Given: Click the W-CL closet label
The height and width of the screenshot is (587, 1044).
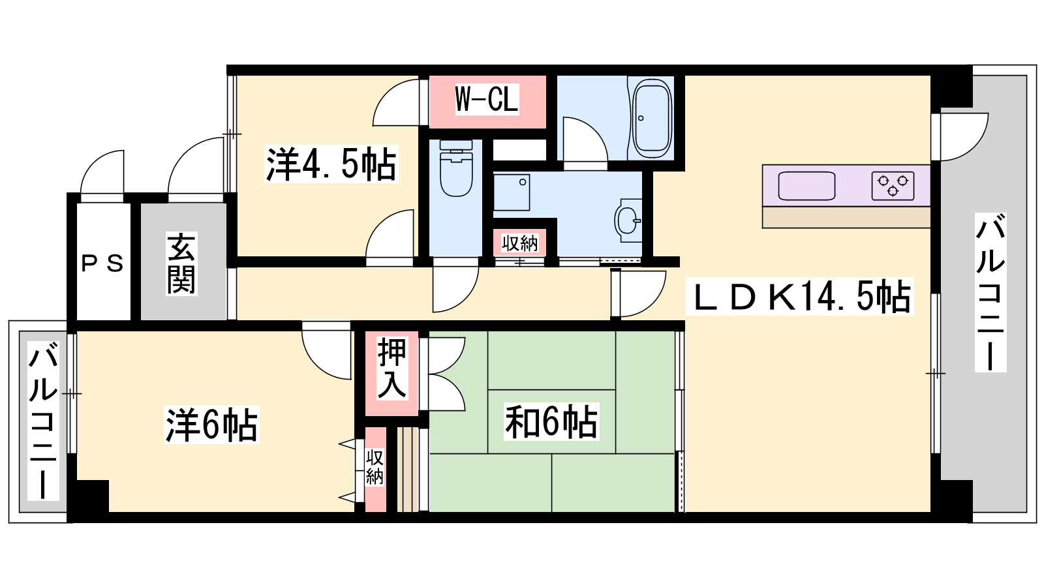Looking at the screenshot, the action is pyautogui.click(x=487, y=98).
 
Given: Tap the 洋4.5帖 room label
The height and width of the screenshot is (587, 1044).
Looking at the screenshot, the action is pyautogui.click(x=331, y=164).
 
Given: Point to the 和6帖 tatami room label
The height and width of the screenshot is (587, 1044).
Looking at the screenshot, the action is pyautogui.click(x=551, y=423).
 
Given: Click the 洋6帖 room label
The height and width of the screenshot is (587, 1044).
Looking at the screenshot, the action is pyautogui.click(x=211, y=425).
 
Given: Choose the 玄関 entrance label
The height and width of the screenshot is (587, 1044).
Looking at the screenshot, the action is pyautogui.click(x=181, y=263).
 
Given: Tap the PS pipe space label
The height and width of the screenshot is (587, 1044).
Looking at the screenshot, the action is pyautogui.click(x=102, y=263).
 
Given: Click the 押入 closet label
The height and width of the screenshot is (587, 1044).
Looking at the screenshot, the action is pyautogui.click(x=391, y=369).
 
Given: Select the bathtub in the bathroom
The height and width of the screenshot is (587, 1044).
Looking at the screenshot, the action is pyautogui.click(x=652, y=118).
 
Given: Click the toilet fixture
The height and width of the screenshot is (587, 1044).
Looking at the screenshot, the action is pyautogui.click(x=456, y=168).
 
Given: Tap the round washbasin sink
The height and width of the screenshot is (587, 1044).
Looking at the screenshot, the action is pyautogui.click(x=629, y=220).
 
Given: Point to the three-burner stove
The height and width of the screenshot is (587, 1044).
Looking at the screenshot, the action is pyautogui.click(x=893, y=185).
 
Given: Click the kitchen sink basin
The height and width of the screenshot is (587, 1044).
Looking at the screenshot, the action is pyautogui.click(x=806, y=186).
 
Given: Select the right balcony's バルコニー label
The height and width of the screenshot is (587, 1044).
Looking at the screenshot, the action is pyautogui.click(x=990, y=292).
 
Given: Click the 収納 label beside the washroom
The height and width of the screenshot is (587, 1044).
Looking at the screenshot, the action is pyautogui.click(x=519, y=243).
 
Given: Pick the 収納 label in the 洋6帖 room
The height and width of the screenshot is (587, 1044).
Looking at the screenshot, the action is pyautogui.click(x=375, y=467).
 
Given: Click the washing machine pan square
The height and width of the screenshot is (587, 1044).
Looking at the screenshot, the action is pyautogui.click(x=512, y=192).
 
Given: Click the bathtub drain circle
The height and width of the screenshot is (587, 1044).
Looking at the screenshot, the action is pyautogui.click(x=641, y=118).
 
